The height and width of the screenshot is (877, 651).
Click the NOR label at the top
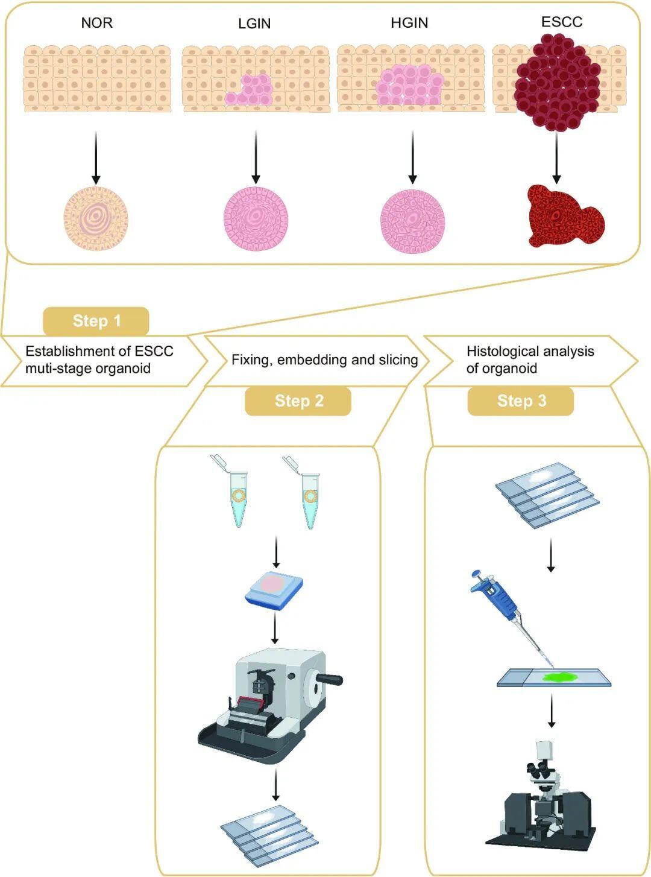[96, 23]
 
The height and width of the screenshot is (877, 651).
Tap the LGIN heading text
[254, 24]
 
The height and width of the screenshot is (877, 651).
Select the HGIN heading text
[409, 23]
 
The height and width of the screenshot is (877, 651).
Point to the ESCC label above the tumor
[562, 22]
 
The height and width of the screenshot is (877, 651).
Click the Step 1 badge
[96, 321]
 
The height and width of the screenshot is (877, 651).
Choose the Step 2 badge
[298, 401]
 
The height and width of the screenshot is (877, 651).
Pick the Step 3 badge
[521, 401]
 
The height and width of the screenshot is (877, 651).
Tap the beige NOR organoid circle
[96, 218]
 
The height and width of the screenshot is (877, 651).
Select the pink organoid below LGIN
[256, 218]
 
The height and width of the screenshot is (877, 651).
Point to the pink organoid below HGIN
[412, 218]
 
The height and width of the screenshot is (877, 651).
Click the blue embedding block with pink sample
[274, 588]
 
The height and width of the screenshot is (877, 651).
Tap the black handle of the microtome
[329, 680]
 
